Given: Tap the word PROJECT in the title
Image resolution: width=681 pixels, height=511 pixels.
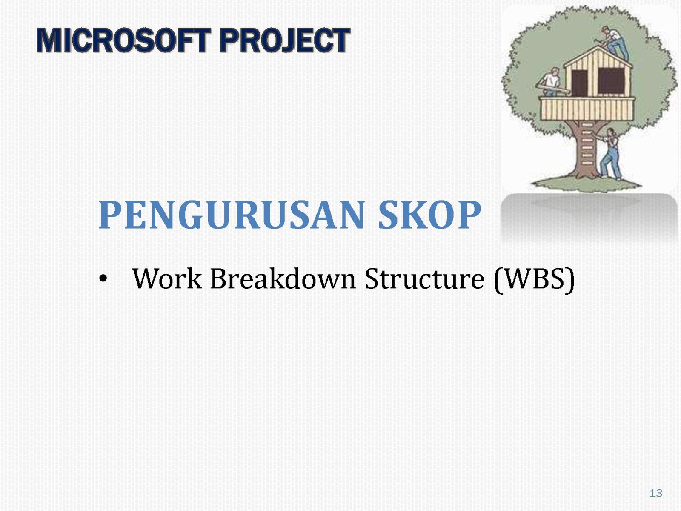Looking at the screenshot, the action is [x=285, y=40].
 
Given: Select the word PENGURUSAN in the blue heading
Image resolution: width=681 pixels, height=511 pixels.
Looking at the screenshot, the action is [x=232, y=215].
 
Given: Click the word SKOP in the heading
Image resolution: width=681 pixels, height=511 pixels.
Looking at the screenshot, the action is [x=430, y=215].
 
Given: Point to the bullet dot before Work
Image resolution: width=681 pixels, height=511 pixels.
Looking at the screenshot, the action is [x=103, y=278].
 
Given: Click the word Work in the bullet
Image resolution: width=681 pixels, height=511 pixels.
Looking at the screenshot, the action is [x=167, y=278].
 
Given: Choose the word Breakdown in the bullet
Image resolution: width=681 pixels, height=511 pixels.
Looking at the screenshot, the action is [x=283, y=278].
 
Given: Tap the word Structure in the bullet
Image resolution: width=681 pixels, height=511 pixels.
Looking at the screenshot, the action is [x=424, y=278].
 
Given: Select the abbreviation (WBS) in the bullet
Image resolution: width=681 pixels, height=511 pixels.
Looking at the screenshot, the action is [x=534, y=279].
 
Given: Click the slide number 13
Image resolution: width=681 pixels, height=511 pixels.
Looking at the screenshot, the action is [x=656, y=493].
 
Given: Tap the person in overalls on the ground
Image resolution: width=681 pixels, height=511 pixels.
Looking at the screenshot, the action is [x=610, y=154].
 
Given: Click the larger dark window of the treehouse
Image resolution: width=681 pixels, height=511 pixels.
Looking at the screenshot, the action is [x=611, y=80].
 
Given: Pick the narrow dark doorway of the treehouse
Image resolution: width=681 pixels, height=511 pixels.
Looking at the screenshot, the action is [x=579, y=83].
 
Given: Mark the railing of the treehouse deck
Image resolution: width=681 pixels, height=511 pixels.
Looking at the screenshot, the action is [x=587, y=109].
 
